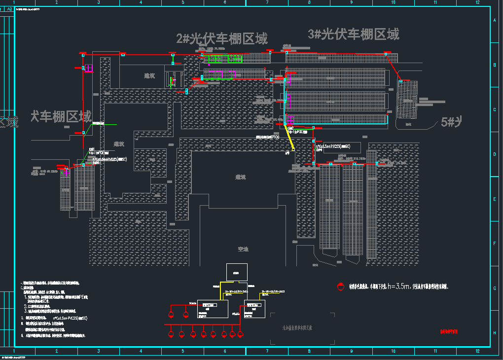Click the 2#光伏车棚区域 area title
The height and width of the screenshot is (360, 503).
[222, 38]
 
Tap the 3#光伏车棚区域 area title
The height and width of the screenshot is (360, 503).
[353, 34]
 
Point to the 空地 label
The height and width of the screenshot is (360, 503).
[243, 249]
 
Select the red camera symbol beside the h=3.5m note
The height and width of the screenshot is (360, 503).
[339, 286]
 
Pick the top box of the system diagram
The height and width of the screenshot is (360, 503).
[237, 272]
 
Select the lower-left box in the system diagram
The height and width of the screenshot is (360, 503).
[213, 308]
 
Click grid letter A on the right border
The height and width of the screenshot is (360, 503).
[494, 20]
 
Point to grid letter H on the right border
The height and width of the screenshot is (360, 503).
[494, 333]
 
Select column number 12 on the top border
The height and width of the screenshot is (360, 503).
[477, 2]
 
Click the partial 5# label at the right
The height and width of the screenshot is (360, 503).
[451, 122]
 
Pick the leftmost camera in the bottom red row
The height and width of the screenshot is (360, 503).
[170, 334]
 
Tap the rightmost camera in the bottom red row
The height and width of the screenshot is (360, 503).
[241, 334]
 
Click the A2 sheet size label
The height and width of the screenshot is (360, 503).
[9, 2]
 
